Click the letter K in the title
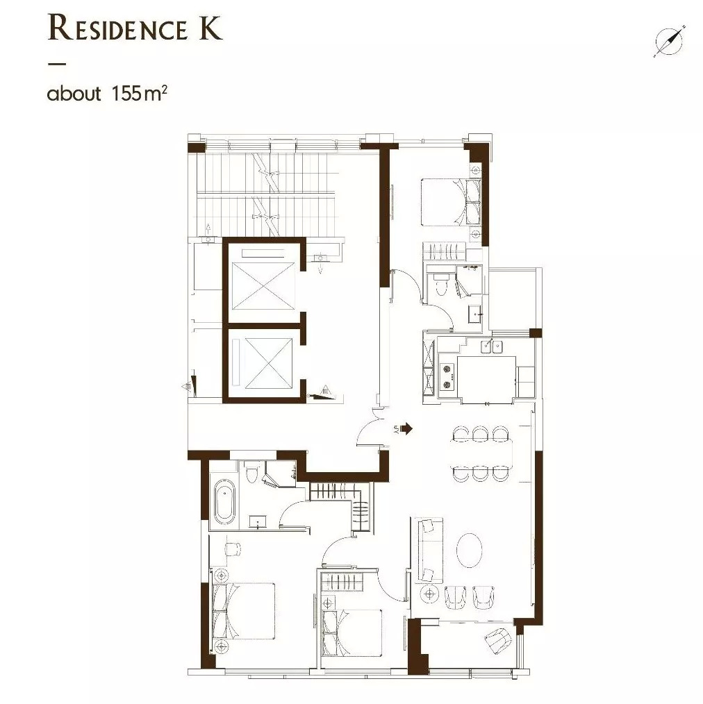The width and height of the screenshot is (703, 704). (x=206, y=30)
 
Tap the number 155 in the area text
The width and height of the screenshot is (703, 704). (x=125, y=94)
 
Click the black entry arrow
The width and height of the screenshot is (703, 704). (x=406, y=429)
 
